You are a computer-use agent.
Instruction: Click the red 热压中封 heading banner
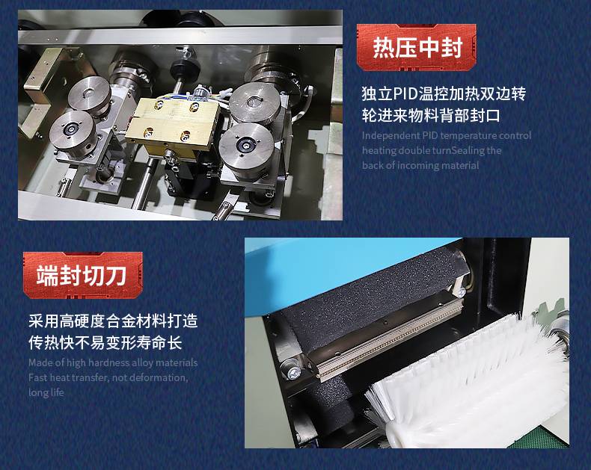(x=417, y=48)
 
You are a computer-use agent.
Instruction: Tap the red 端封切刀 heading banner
(x=83, y=275)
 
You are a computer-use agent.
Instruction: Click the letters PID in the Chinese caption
(x=405, y=93)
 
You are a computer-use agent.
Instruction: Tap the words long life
(x=46, y=392)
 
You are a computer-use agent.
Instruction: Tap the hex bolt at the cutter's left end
(x=294, y=374)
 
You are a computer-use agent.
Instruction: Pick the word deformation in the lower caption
(x=159, y=378)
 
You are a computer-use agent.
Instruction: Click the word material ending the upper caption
(x=463, y=166)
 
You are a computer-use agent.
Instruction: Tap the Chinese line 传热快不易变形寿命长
(x=105, y=342)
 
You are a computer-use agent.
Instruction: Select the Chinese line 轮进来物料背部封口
(x=431, y=115)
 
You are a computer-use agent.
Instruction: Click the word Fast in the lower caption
(x=38, y=378)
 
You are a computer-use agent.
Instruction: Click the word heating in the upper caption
(x=379, y=151)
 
